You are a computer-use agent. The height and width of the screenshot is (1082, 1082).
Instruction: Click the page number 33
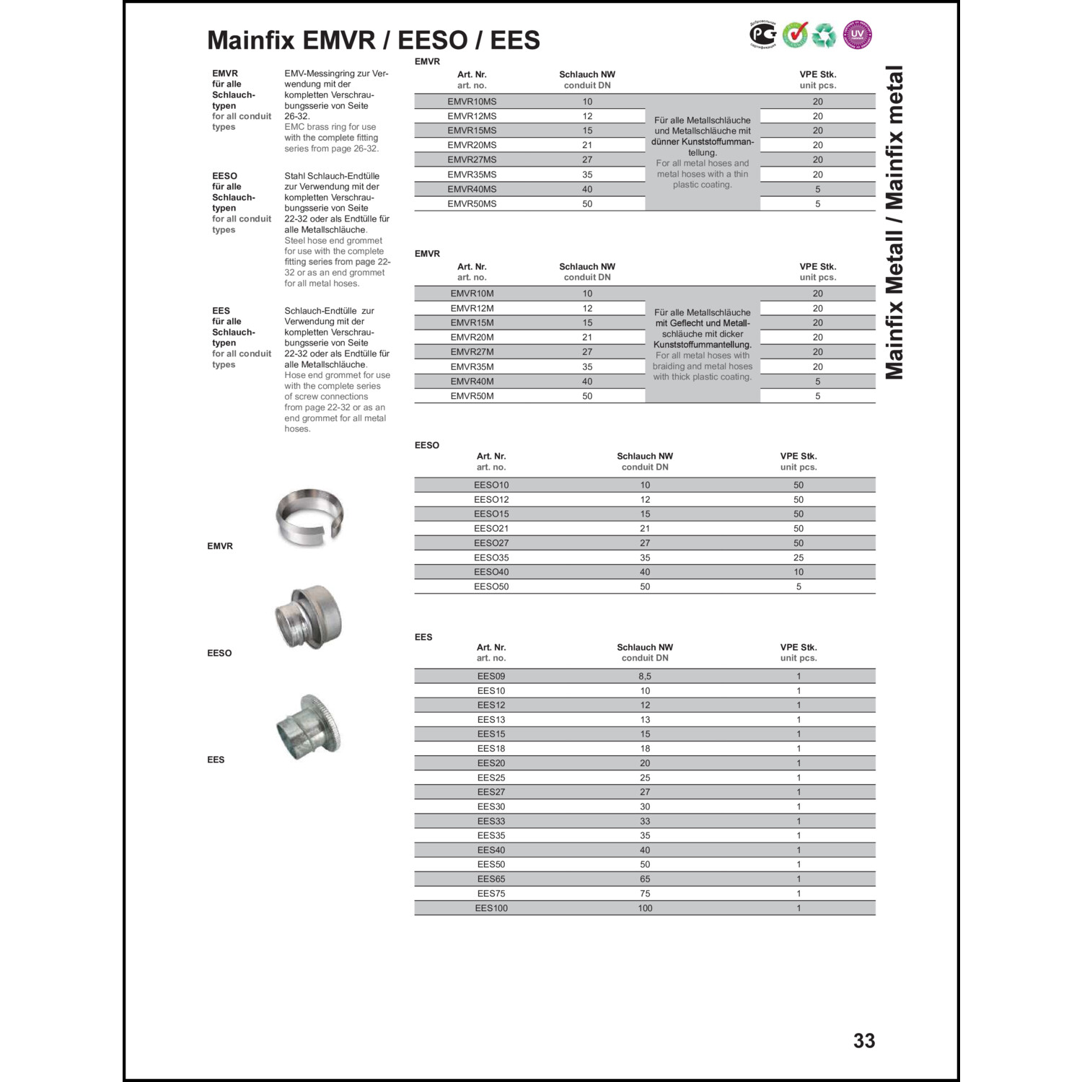863,1040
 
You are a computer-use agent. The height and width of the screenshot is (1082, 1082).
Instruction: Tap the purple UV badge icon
857,35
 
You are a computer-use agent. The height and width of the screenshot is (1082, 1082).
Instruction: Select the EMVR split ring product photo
309,516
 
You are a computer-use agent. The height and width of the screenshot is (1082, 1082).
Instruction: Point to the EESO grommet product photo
309,617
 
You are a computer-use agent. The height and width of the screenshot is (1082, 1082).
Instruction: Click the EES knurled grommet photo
309,726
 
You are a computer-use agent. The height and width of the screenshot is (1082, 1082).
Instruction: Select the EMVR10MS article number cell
472,102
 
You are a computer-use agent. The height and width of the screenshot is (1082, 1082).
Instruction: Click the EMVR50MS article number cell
472,204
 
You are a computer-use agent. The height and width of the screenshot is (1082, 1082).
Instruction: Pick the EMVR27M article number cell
472,352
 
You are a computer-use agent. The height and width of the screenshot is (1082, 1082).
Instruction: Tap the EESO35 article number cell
491,558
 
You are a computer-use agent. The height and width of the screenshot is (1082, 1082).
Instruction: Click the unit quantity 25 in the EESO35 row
799,558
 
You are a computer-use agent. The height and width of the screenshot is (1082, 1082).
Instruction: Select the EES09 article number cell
491,677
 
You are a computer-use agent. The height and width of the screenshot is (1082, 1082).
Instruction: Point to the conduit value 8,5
645,677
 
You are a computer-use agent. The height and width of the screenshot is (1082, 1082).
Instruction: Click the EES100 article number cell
491,908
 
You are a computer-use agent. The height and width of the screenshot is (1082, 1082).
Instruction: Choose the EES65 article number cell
491,879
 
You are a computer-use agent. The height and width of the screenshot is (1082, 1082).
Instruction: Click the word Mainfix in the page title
251,40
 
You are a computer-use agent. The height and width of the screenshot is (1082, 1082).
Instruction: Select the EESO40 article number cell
491,572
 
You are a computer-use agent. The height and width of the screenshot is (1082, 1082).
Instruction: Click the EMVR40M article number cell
472,382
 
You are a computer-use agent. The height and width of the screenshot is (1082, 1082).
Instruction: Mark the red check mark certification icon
795,35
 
